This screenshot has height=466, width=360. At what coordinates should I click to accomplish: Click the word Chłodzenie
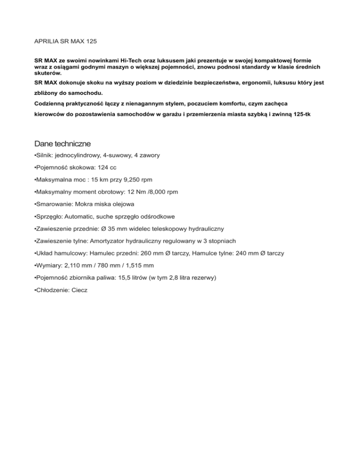pos(53,290)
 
